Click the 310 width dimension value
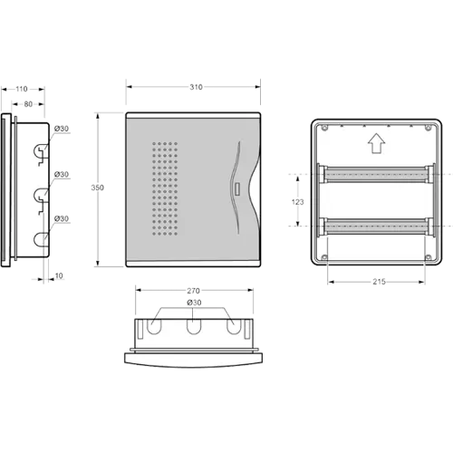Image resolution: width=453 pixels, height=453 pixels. coord(196,87)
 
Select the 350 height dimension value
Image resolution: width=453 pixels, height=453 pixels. coord(97,188)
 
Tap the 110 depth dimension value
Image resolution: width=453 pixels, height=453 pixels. coord(22,89)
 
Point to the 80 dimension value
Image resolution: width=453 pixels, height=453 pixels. coord(28,104)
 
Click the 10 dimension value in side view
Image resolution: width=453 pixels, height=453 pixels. coord(59,275)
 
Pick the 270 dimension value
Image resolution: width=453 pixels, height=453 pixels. coord(193,291)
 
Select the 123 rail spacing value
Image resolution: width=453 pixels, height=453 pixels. coord(297,202)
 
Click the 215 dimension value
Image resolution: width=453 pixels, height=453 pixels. coord(379,282)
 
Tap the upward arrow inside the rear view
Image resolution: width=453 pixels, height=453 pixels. coord(376,143)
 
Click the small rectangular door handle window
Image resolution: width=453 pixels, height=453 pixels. coord(237,189)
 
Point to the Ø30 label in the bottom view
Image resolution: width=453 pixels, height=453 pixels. coord(194,303)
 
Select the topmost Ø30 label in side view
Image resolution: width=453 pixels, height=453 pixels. coord(62,129)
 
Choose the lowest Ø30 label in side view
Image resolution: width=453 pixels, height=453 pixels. coord(62,218)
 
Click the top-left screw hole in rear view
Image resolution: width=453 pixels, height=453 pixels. coord(324,128)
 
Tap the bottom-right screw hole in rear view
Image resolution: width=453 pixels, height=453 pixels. coord(428,257)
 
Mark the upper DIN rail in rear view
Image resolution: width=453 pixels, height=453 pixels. coord(376,174)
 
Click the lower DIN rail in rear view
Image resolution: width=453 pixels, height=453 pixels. coord(376,226)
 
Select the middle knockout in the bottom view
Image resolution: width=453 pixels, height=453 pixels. coord(194,327)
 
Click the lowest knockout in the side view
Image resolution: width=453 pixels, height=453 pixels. coord(41,239)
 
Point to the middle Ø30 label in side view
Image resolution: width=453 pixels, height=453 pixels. coord(62,174)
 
